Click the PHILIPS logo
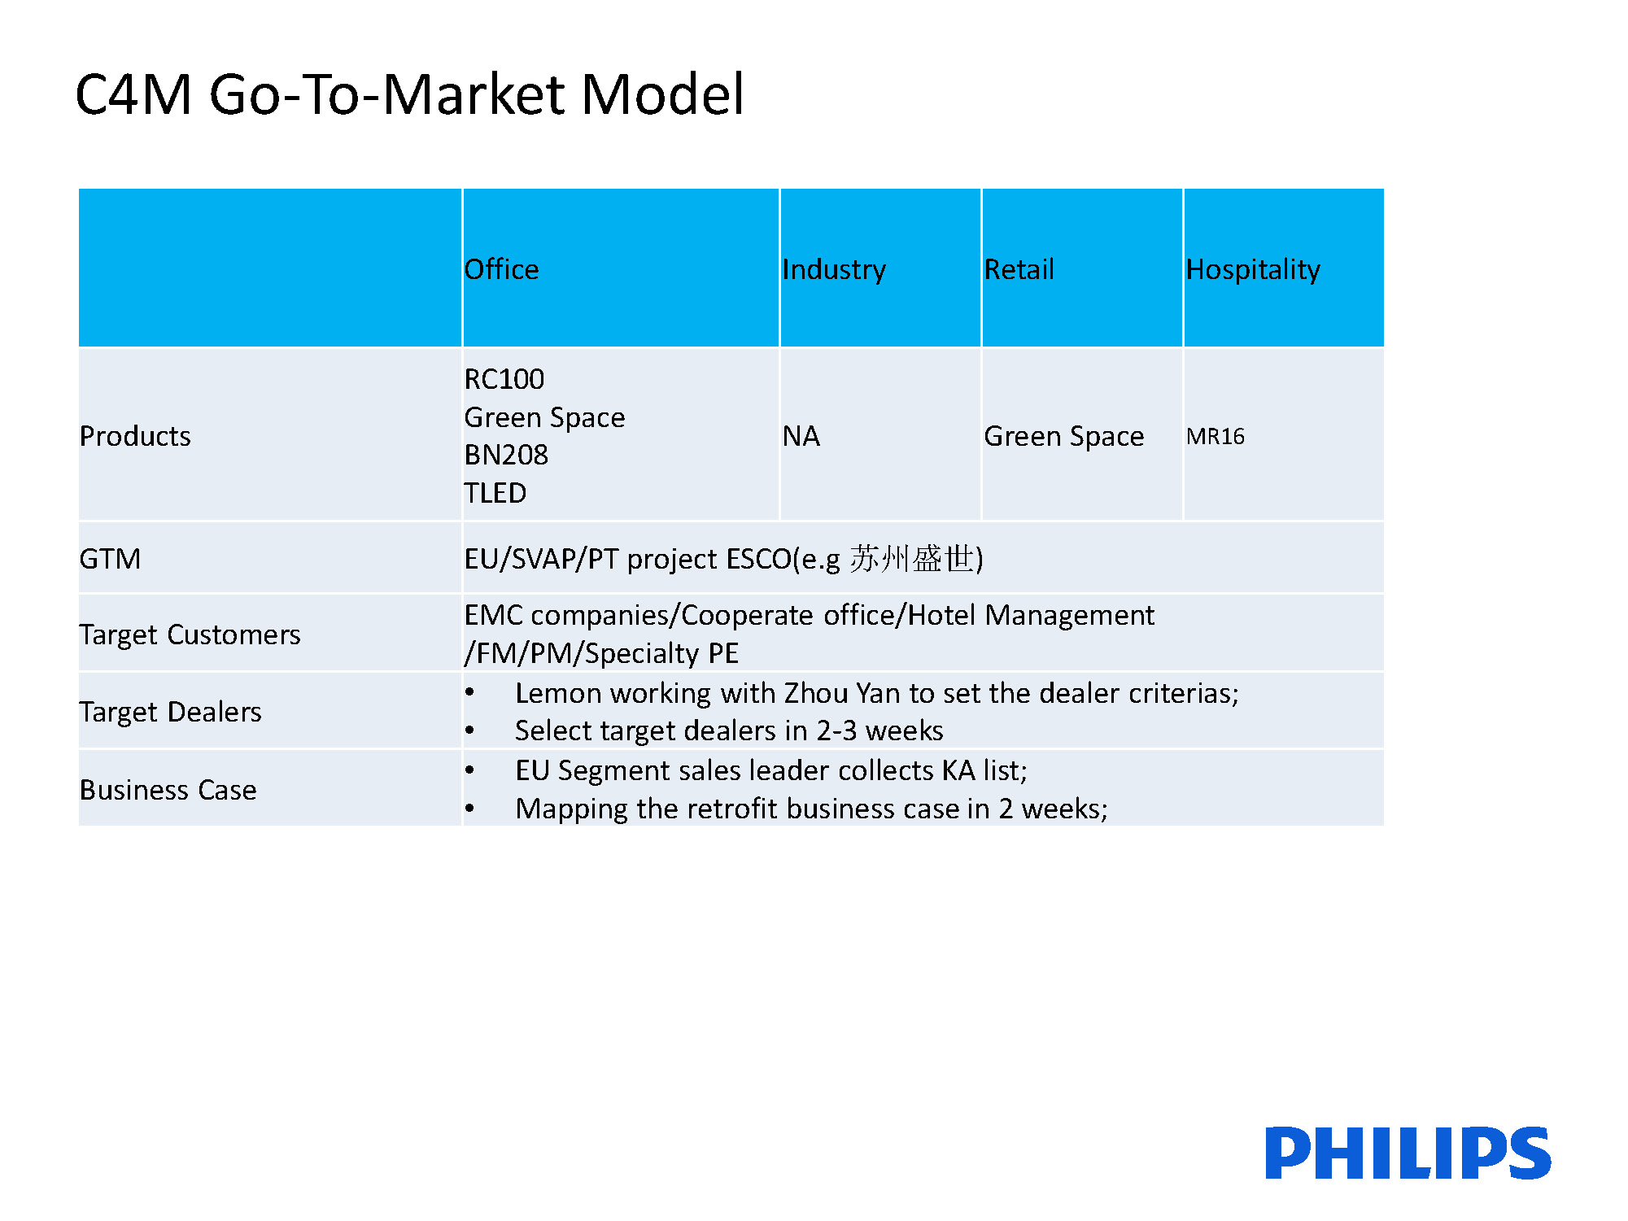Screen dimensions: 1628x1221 (1408, 1153)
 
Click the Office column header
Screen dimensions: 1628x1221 (501, 269)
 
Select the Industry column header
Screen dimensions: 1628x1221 (834, 270)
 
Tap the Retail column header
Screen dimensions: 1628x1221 (1019, 269)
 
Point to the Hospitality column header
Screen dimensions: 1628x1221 (1253, 270)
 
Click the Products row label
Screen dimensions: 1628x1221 (135, 436)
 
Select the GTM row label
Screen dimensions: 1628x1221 (110, 559)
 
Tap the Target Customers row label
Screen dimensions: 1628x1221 (190, 634)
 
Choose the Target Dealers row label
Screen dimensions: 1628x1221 (170, 712)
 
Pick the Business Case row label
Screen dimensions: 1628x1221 (168, 790)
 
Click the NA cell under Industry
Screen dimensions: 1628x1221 (801, 436)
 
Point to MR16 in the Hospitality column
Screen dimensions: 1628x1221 (1215, 437)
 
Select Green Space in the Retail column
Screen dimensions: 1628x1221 (1063, 437)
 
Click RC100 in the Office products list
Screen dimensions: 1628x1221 (504, 379)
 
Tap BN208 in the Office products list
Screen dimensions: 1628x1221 (505, 455)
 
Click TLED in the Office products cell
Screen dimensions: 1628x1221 (495, 493)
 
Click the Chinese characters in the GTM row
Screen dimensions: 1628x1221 (911, 559)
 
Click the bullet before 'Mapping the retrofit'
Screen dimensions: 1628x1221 (469, 809)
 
